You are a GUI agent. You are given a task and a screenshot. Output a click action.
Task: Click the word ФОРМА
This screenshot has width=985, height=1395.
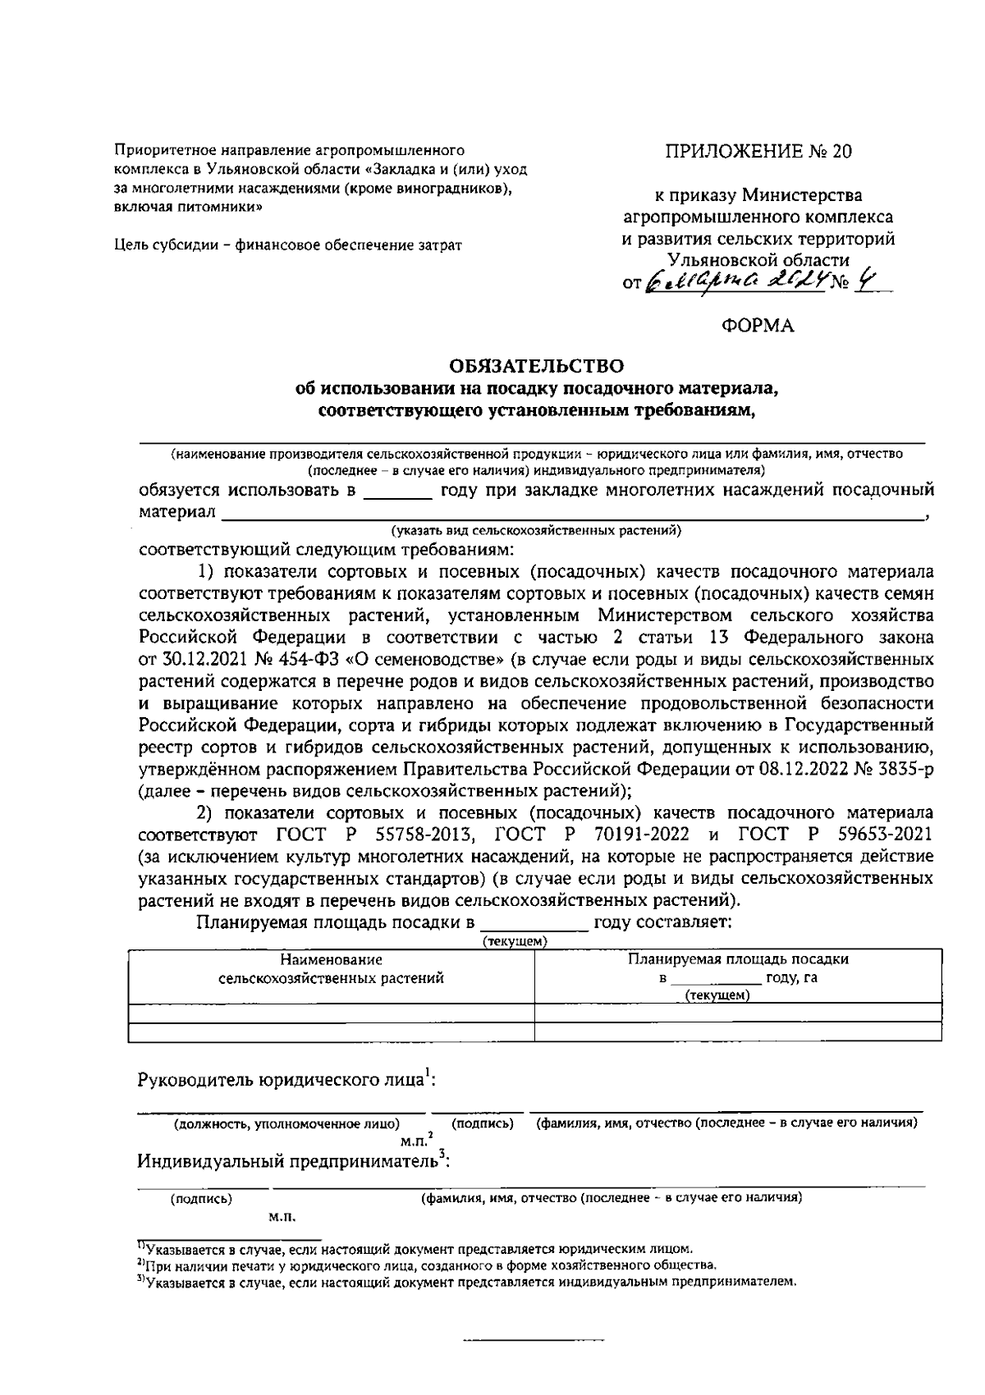coord(758,326)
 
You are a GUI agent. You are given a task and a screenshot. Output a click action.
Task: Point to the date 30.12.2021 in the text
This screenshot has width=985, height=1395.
coord(199,660)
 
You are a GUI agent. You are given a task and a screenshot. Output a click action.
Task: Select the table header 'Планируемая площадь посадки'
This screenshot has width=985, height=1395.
coord(738,959)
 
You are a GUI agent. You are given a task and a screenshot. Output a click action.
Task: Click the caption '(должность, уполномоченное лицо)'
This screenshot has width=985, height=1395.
coord(285,1123)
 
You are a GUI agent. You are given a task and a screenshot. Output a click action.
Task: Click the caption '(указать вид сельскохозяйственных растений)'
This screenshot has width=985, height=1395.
coord(536,530)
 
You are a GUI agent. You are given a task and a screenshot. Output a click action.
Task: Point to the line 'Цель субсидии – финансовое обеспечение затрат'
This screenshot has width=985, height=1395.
coord(287,245)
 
